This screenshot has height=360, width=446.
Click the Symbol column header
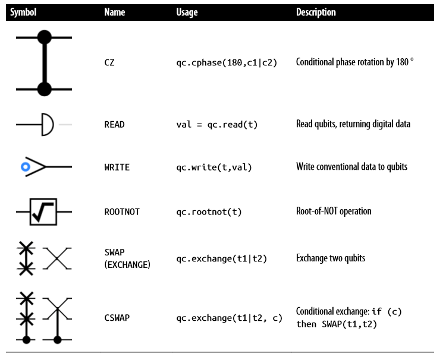pos(23,12)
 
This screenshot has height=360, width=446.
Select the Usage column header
pos(187,12)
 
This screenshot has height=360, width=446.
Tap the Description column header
pos(316,12)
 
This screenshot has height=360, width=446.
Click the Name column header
pos(115,12)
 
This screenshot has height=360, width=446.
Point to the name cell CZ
pos(109,62)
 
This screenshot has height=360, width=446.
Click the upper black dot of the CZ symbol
pos(45,37)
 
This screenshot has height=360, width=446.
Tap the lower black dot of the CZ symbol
pos(45,89)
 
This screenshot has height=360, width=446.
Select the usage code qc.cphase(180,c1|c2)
pos(227,62)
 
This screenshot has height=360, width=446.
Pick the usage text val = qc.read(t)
pos(216,124)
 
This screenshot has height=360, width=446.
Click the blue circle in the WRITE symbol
pos(26,167)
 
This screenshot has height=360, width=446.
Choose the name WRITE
pos(117,167)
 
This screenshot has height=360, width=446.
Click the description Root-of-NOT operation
pos(334,211)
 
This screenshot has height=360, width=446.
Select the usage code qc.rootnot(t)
pos(209,212)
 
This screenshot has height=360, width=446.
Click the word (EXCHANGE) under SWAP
pos(127,265)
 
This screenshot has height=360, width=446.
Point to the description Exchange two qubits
pos(331,258)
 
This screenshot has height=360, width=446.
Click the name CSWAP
pos(117,318)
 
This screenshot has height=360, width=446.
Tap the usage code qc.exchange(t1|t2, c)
pos(230,318)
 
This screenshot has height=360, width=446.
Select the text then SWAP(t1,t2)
pos(337,324)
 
